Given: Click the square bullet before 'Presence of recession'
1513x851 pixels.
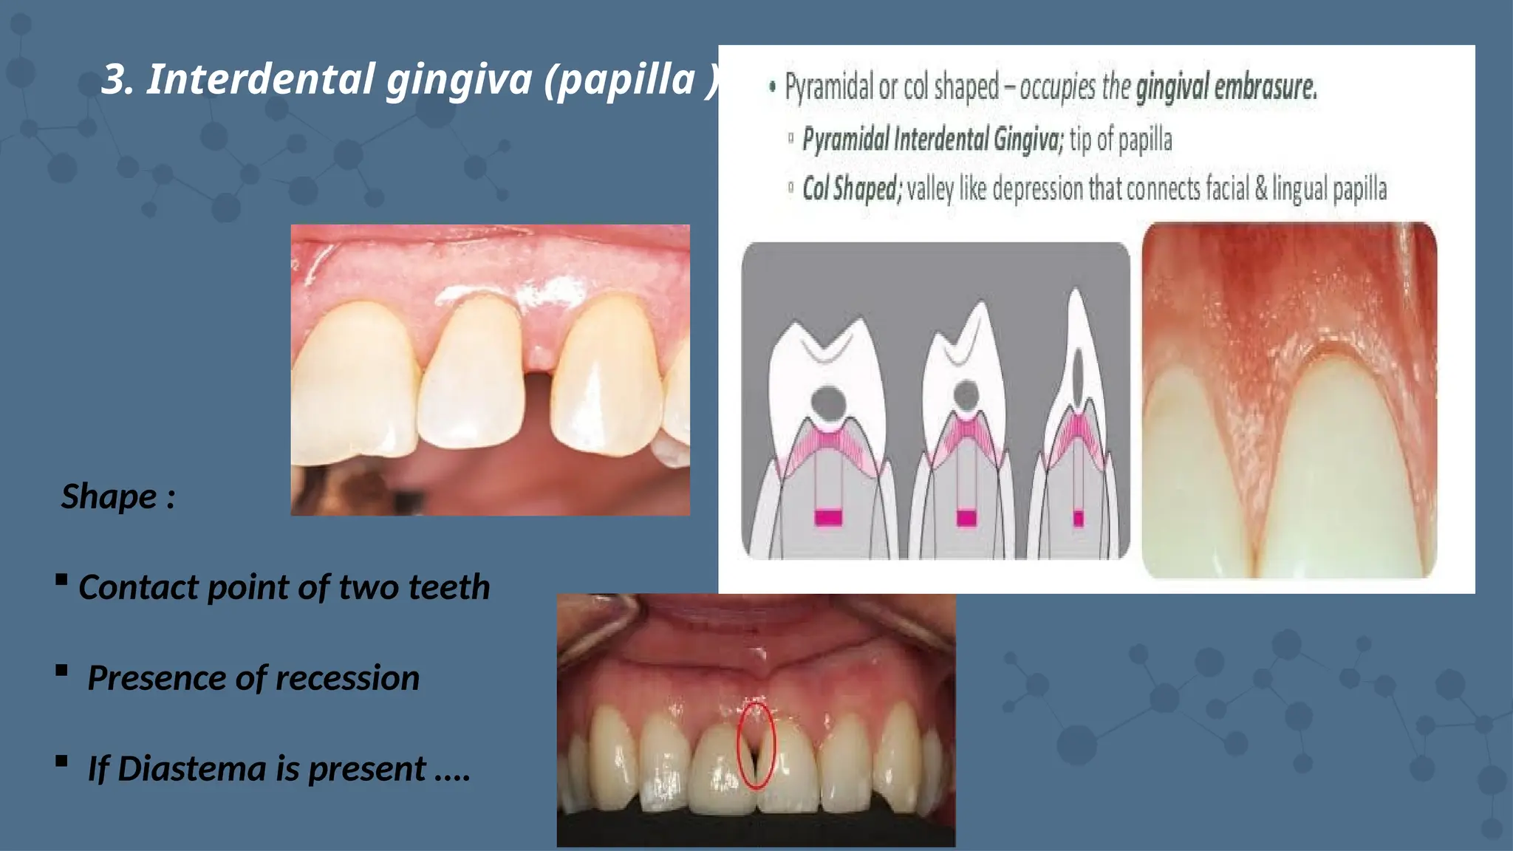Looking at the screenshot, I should pos(61,670).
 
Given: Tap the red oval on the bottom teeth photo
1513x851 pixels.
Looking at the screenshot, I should pos(756,745).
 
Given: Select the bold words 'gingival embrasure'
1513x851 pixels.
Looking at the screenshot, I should pos(1226,87).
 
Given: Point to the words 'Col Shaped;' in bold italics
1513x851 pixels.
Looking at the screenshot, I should pos(852,189).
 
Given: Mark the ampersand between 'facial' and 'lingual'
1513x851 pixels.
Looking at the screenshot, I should pos(1260,189).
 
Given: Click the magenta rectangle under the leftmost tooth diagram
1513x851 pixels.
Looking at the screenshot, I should pos(828,517).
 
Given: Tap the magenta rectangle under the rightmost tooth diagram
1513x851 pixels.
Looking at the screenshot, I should pos(1078,518).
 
